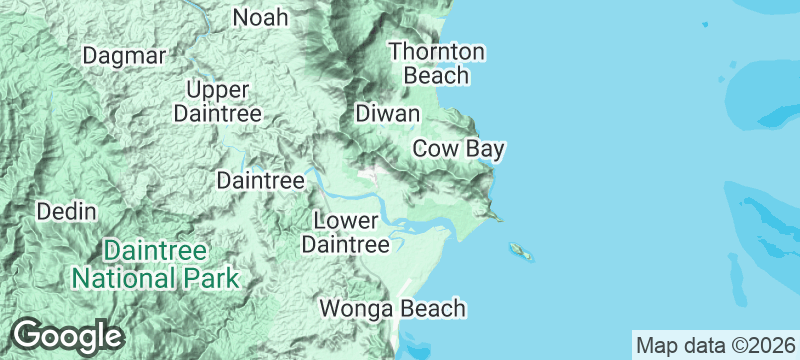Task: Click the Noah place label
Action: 260,17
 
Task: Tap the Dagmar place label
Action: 124,56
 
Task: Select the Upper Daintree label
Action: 217,101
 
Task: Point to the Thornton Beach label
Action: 437,63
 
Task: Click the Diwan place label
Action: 387,114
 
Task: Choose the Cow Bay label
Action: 458,149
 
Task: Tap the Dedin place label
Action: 66,211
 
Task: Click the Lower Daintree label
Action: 346,232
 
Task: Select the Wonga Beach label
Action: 393,308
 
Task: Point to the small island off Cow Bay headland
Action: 520,250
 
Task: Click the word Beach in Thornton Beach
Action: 437,76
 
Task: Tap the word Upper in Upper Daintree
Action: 217,89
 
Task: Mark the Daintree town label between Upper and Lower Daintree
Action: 260,181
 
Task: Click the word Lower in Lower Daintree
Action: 346,220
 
